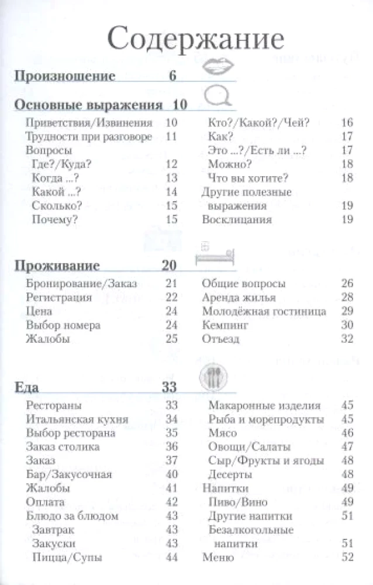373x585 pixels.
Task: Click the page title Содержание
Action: (x=195, y=41)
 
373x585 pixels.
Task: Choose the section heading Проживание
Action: (x=56, y=266)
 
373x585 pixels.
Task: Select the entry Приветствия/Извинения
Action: (x=89, y=123)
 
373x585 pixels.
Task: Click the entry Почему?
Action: (x=56, y=219)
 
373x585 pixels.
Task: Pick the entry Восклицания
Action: (x=237, y=219)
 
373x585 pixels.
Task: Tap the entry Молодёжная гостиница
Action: (x=264, y=311)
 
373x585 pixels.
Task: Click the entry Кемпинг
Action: (x=225, y=325)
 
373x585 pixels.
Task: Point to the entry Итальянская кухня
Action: (x=72, y=419)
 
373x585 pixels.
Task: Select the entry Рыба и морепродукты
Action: (x=266, y=419)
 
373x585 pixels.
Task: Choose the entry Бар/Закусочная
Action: (x=69, y=474)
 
